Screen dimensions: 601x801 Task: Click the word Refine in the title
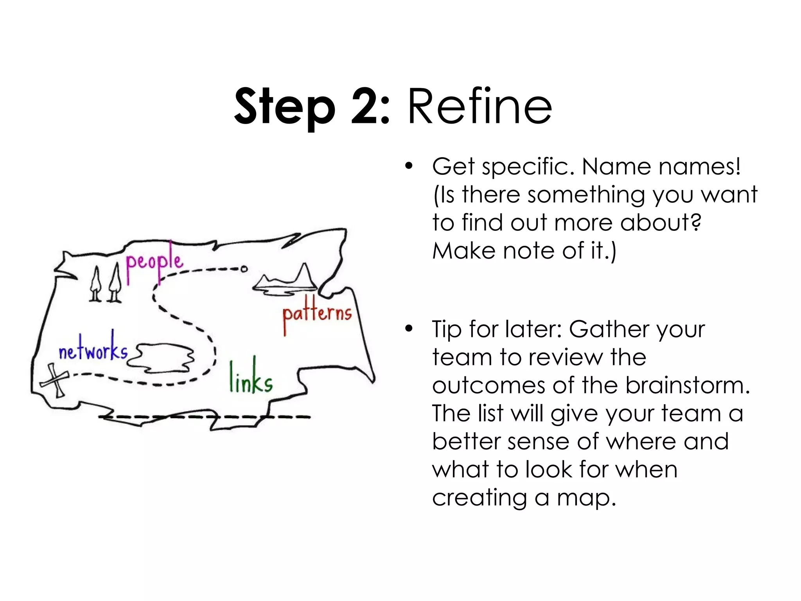(x=480, y=106)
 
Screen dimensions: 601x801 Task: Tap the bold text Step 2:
(x=312, y=106)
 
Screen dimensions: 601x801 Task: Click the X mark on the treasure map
(x=54, y=380)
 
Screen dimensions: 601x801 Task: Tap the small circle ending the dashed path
(x=244, y=269)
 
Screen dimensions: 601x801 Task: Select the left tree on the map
(x=95, y=284)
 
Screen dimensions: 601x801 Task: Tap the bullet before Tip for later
(x=409, y=329)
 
